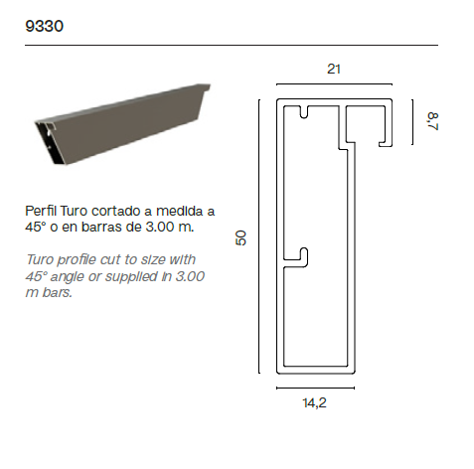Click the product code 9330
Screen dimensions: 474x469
pos(44,26)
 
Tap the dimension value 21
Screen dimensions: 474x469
pos(334,69)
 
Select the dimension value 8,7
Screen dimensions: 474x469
pos(432,121)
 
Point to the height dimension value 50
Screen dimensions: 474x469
pos(240,237)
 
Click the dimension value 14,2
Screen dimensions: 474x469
pos(314,402)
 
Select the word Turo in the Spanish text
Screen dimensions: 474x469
pos(74,211)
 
